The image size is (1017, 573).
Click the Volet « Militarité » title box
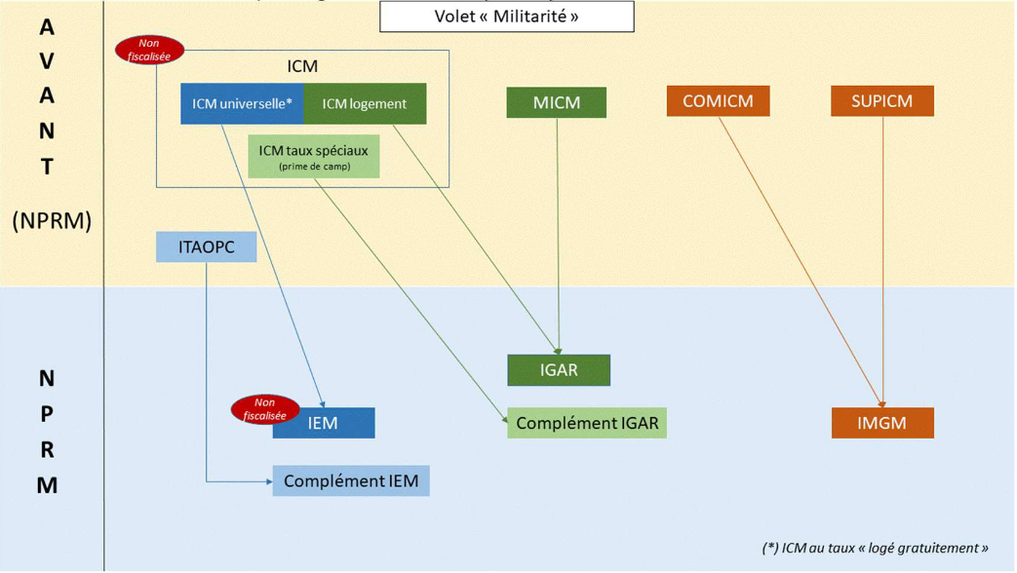(506, 17)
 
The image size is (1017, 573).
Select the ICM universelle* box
(242, 104)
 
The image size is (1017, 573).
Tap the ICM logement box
(365, 104)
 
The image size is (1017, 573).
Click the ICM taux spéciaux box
(313, 157)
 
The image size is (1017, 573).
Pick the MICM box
(556, 102)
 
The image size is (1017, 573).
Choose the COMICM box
(718, 101)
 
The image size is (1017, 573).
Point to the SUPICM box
(881, 101)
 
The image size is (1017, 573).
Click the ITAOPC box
(207, 248)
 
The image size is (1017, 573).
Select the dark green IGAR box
(559, 370)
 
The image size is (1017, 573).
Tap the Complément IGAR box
(587, 423)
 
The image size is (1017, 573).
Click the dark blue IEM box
(324, 423)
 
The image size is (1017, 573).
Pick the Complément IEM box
(351, 480)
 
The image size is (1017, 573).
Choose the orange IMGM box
(881, 423)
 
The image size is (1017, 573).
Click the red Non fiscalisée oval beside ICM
(149, 50)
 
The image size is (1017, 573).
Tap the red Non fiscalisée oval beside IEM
(264, 409)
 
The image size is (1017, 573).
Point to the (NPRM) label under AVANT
(52, 221)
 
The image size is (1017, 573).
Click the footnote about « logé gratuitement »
(875, 548)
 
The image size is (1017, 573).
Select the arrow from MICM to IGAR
(557, 234)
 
